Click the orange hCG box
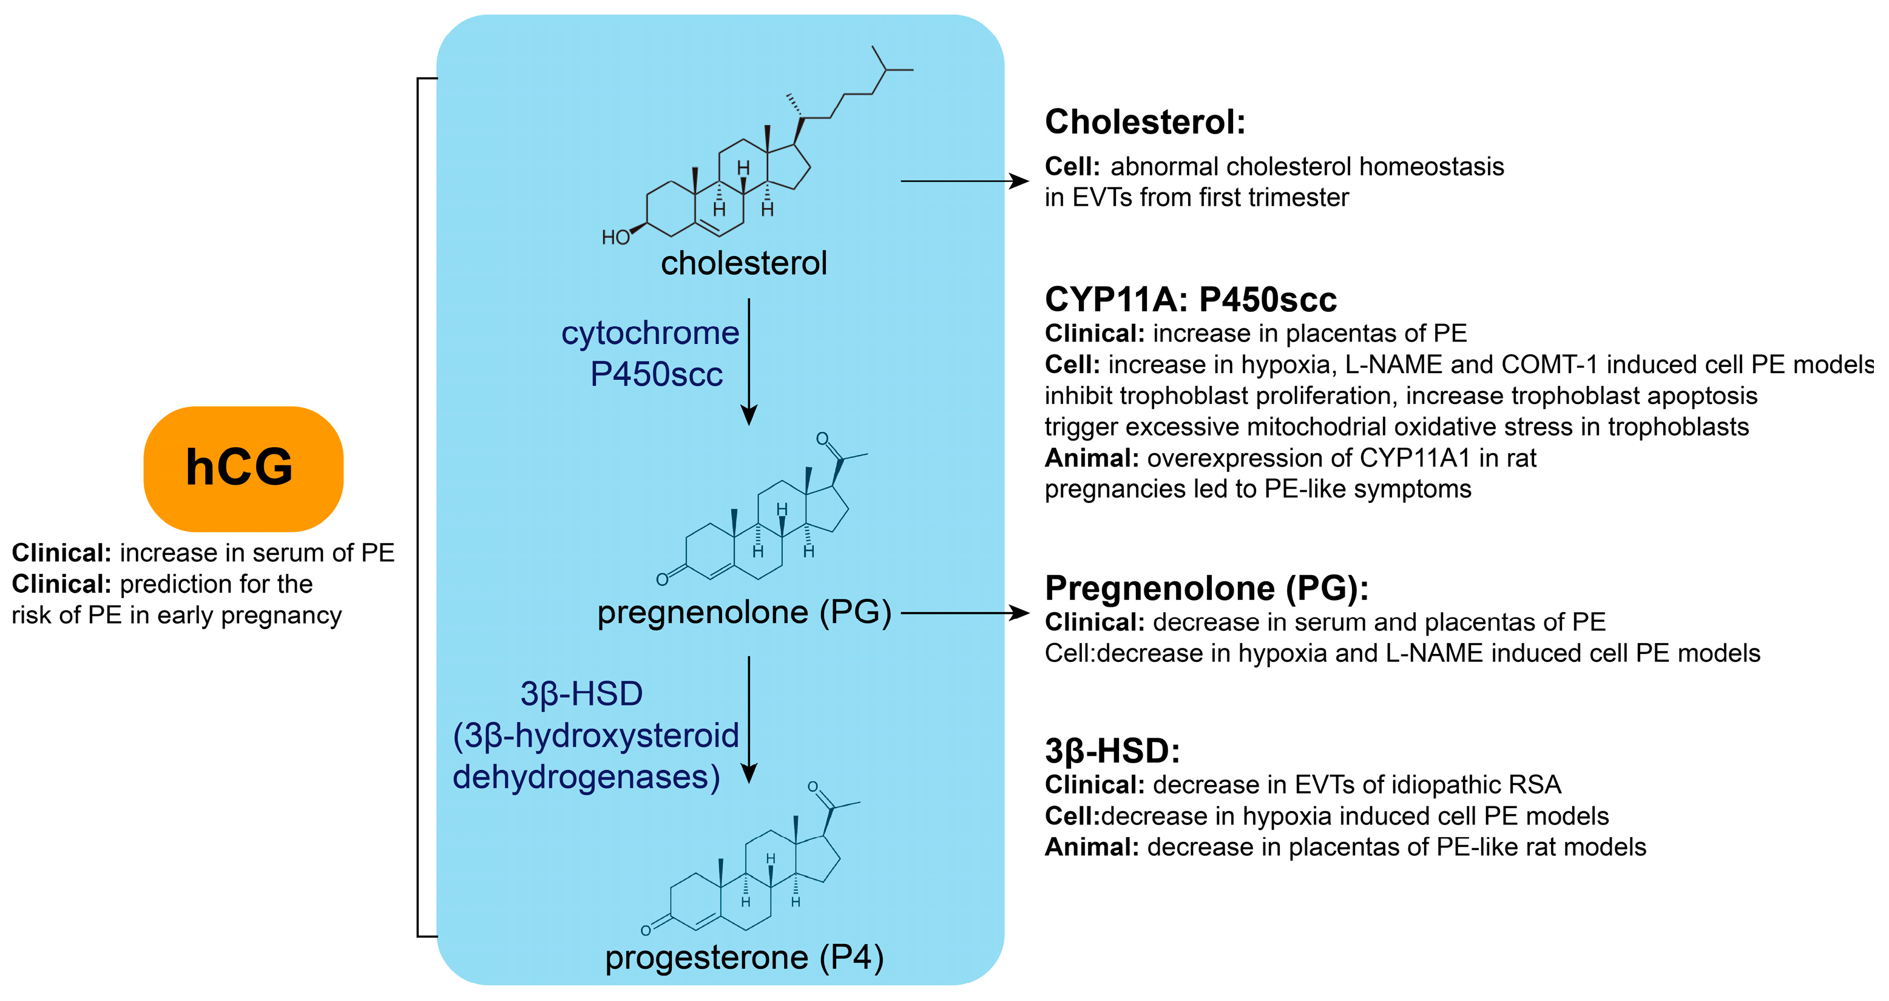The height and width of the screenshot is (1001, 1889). coord(243,468)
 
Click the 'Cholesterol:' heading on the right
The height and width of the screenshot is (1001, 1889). coord(1144,122)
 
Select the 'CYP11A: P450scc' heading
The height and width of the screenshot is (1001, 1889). coord(1190,300)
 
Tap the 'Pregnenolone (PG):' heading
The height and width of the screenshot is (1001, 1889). coord(1206,588)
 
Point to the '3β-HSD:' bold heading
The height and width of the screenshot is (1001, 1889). coord(1112,751)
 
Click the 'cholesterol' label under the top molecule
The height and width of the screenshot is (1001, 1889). coord(743,263)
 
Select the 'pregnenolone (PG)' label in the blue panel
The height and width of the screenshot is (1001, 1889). coord(743,612)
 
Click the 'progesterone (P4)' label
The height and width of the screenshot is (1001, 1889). coord(743,957)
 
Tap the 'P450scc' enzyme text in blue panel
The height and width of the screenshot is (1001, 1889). coord(657,374)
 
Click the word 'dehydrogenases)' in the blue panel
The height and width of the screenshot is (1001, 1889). coord(586,777)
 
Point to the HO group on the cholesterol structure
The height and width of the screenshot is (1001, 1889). coord(615,238)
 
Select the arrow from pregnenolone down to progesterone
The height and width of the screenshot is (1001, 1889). coord(749,720)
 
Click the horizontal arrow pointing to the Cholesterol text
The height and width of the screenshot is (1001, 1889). coord(964,180)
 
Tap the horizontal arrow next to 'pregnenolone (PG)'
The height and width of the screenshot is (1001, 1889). coord(964,612)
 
